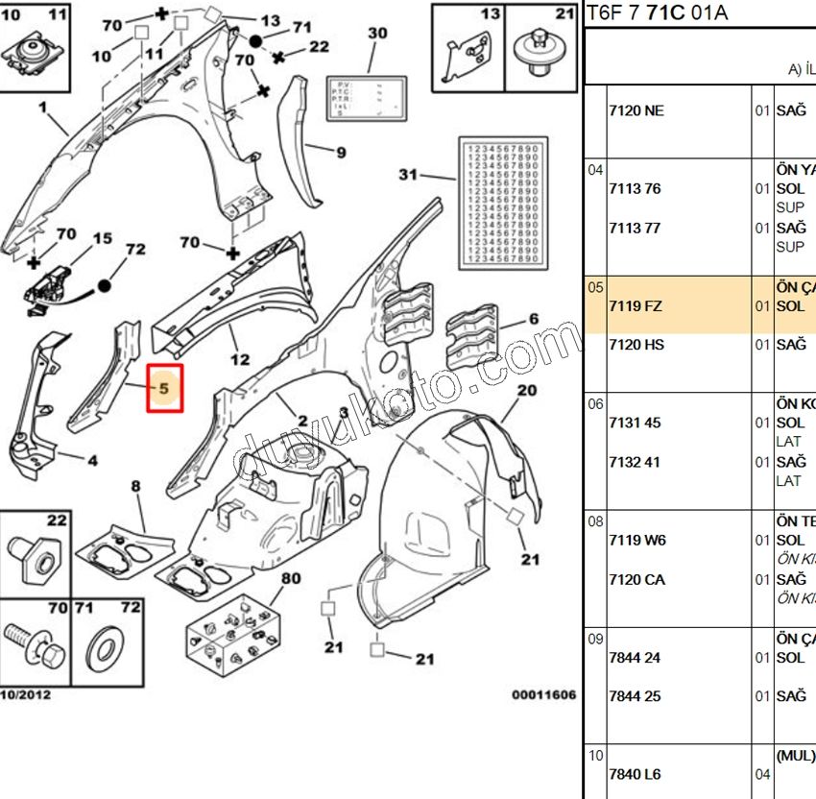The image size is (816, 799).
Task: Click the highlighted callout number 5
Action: coord(163,389)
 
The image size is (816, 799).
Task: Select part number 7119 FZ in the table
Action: coord(635,306)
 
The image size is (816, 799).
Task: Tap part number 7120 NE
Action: coord(636,110)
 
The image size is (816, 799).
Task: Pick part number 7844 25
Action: coord(635,696)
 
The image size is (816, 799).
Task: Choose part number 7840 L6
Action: coord(635,774)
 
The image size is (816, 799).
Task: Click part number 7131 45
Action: coord(635,423)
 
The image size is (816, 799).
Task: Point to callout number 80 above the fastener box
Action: coord(291,579)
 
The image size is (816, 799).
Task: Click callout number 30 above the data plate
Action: coord(377,34)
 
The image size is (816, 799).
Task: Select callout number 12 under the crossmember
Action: coord(240,360)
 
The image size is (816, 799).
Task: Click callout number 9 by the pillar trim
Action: coord(341,152)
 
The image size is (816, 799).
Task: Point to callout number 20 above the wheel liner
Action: coord(527,390)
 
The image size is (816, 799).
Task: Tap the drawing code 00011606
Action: coord(543,694)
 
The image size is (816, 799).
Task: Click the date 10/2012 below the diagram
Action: coord(26,694)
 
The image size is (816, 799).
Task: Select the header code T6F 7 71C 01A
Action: coord(659,13)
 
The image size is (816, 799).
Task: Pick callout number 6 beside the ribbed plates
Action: coord(534,320)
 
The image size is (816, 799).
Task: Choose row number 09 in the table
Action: coord(596,638)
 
